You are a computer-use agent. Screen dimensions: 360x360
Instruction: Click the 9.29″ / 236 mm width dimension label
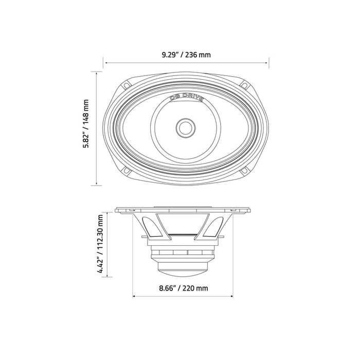click(x=186, y=55)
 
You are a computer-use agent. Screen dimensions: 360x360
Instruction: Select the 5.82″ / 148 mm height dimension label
click(x=86, y=124)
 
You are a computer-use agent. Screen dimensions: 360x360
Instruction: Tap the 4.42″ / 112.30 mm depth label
click(x=100, y=244)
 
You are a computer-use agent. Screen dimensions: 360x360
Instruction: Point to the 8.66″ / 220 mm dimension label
click(x=184, y=288)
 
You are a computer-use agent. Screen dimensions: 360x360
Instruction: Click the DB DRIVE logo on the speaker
click(x=186, y=98)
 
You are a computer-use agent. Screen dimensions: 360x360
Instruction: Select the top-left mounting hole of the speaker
click(x=127, y=85)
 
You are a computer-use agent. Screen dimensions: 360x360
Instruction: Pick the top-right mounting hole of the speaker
click(x=245, y=85)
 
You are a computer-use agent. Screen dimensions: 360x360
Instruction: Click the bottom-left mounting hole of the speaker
click(x=127, y=170)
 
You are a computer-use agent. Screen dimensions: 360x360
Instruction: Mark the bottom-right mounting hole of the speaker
click(x=245, y=170)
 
